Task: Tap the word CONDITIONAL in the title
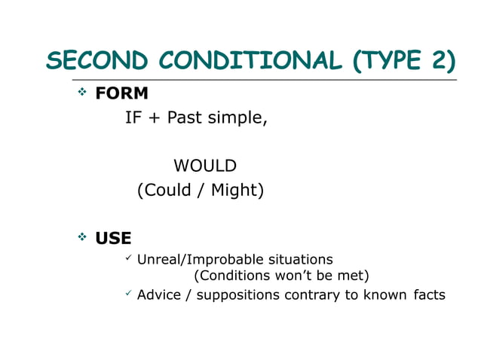236,61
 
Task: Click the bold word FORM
121,94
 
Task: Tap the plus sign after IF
154,119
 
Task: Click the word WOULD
205,166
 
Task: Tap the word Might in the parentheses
234,191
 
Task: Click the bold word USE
113,239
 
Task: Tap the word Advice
159,294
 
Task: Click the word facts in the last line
429,294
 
